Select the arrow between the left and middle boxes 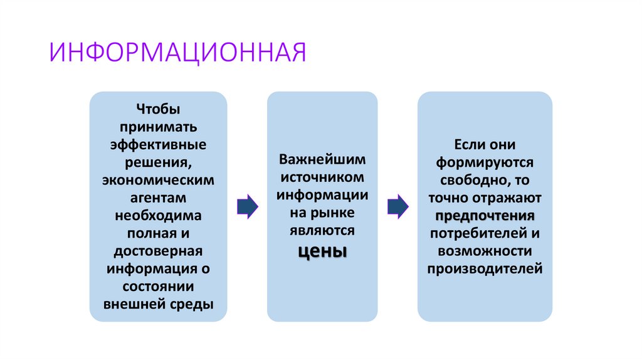(247, 206)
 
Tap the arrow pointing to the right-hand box (397, 206)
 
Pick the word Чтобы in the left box (158, 109)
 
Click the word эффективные (158, 144)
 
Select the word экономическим (158, 180)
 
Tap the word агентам (158, 198)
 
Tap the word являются (322, 230)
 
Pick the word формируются (485, 162)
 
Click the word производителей (485, 269)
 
